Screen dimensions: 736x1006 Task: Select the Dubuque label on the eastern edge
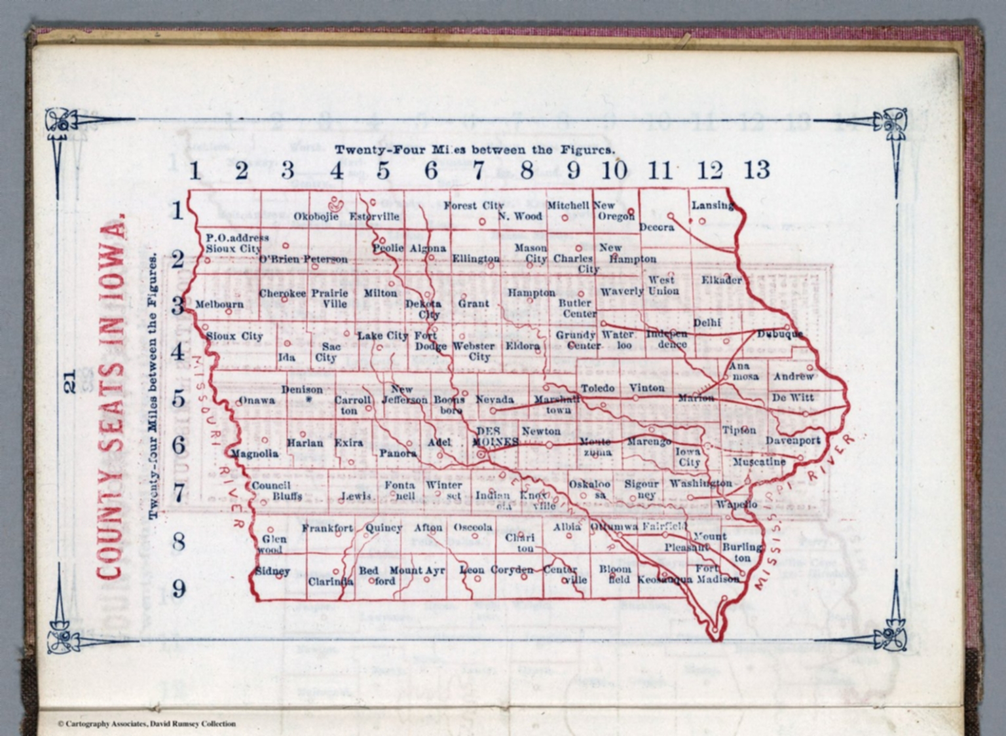click(x=779, y=334)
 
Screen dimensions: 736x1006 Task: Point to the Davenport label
click(x=793, y=441)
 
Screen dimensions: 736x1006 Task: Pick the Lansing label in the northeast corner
click(x=713, y=205)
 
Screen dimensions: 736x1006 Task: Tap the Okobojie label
click(x=316, y=216)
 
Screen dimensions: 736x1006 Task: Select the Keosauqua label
click(x=665, y=580)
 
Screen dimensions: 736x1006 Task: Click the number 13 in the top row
click(x=756, y=170)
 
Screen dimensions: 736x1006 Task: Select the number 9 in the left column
click(x=178, y=589)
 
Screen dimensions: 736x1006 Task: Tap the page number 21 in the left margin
click(x=70, y=380)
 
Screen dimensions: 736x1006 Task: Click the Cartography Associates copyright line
click(x=146, y=724)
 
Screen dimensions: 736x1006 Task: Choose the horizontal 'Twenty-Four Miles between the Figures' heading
click(x=474, y=150)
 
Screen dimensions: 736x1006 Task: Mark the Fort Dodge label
click(x=430, y=340)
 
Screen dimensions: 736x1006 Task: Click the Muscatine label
click(x=758, y=462)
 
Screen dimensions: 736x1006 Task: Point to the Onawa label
click(x=256, y=400)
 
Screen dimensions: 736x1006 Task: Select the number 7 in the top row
click(x=479, y=170)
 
